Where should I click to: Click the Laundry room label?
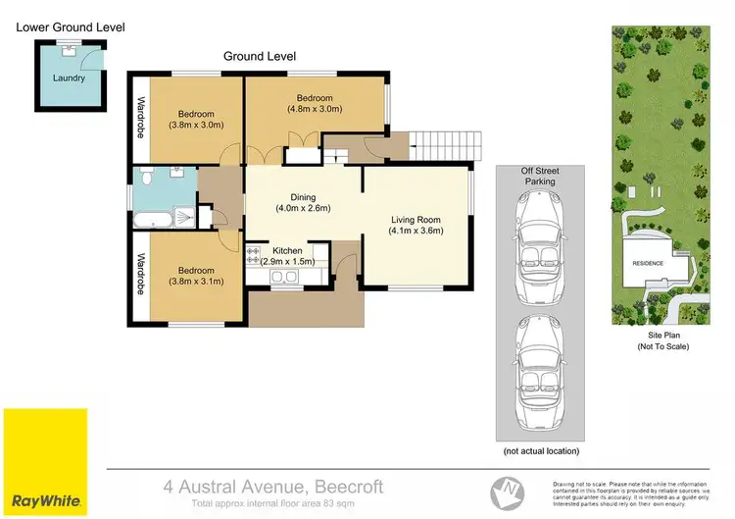tap(69, 78)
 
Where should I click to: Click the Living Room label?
tap(416, 220)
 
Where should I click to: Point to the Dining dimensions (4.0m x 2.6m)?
tap(302, 208)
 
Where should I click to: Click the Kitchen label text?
tap(287, 251)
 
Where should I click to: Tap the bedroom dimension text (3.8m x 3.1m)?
tap(196, 282)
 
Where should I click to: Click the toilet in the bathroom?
tap(145, 177)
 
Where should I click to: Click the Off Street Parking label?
tap(540, 176)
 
